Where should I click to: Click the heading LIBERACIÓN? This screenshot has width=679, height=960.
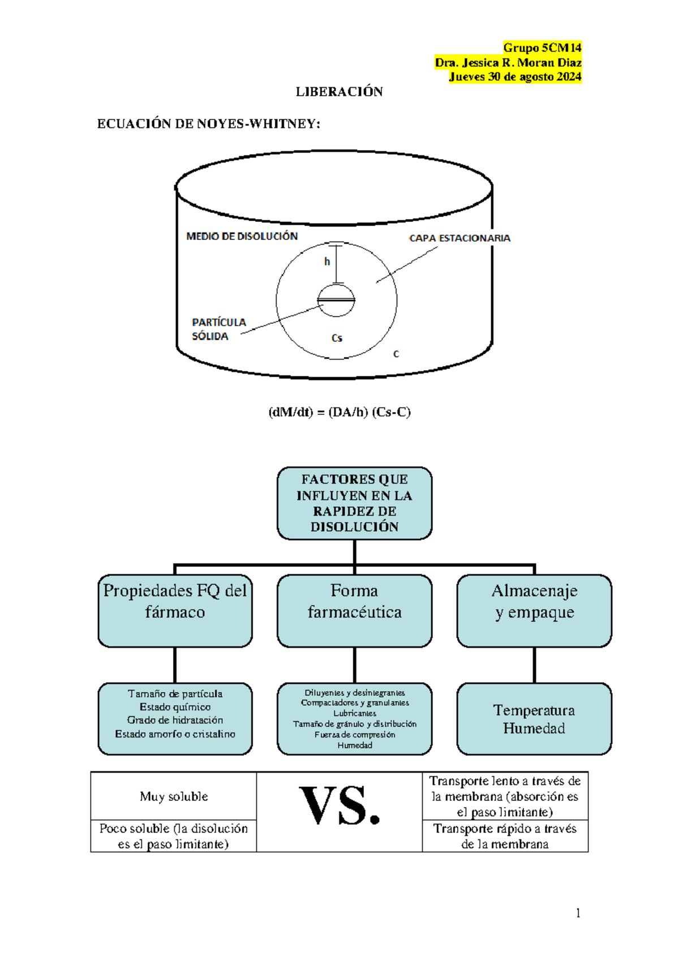pyautogui.click(x=339, y=92)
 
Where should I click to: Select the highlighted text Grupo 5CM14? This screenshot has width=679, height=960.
pyautogui.click(x=542, y=48)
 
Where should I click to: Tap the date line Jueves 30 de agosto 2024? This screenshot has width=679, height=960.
pyautogui.click(x=515, y=77)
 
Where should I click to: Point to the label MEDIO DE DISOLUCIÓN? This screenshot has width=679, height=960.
pyautogui.click(x=242, y=237)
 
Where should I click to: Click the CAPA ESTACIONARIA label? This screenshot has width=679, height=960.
pyautogui.click(x=459, y=238)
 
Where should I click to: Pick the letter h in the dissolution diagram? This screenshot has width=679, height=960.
pyautogui.click(x=327, y=262)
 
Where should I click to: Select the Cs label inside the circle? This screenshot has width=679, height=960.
pyautogui.click(x=337, y=338)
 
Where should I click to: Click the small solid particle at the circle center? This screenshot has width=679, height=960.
pyautogui.click(x=336, y=301)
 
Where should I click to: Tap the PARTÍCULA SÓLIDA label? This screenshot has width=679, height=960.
pyautogui.click(x=218, y=329)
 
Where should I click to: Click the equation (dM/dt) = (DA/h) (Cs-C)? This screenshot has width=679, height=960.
pyautogui.click(x=339, y=412)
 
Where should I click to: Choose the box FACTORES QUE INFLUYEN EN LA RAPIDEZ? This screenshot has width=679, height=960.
pyautogui.click(x=354, y=503)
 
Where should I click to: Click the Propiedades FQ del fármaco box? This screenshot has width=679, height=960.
pyautogui.click(x=175, y=610)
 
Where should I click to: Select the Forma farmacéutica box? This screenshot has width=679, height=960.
pyautogui.click(x=354, y=610)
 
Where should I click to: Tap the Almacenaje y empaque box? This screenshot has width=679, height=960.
pyautogui.click(x=534, y=610)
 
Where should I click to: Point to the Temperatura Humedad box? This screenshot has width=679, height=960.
pyautogui.click(x=534, y=719)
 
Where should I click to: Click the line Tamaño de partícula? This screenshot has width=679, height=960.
pyautogui.click(x=175, y=694)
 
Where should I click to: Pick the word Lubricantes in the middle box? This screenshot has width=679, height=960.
pyautogui.click(x=354, y=714)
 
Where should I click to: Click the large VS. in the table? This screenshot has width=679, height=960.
pyautogui.click(x=339, y=806)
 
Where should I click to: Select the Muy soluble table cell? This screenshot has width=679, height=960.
pyautogui.click(x=174, y=796)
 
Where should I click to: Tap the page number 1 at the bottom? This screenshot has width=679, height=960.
pyautogui.click(x=578, y=913)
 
